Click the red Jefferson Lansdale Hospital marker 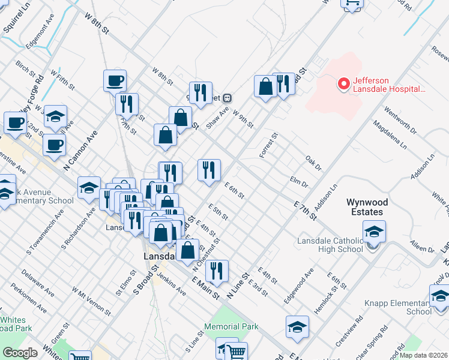344,84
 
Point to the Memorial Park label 231,326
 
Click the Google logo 20,352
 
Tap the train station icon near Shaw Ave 227,98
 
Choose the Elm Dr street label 298,181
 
